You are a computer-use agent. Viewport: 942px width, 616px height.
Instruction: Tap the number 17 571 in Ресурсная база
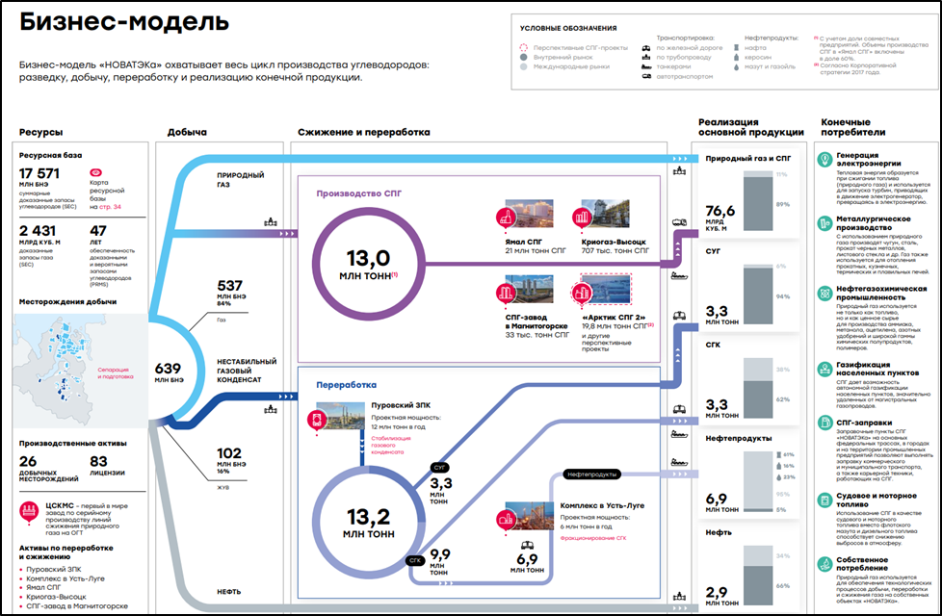click(x=40, y=173)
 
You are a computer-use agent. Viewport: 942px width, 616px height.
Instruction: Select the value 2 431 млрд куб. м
click(x=39, y=231)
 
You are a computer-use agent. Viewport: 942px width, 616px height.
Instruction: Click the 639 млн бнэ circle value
click(x=168, y=369)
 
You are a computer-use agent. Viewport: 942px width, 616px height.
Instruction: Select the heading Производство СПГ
click(x=358, y=192)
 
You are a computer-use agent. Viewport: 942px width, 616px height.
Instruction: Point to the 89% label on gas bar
click(x=782, y=204)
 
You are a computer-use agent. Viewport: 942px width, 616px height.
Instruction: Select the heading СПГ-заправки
click(x=863, y=422)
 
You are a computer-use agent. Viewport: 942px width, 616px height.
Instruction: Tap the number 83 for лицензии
click(x=98, y=461)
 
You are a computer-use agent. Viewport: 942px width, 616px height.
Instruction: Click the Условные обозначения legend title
click(x=567, y=28)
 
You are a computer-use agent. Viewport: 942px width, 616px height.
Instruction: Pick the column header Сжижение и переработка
click(x=363, y=132)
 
